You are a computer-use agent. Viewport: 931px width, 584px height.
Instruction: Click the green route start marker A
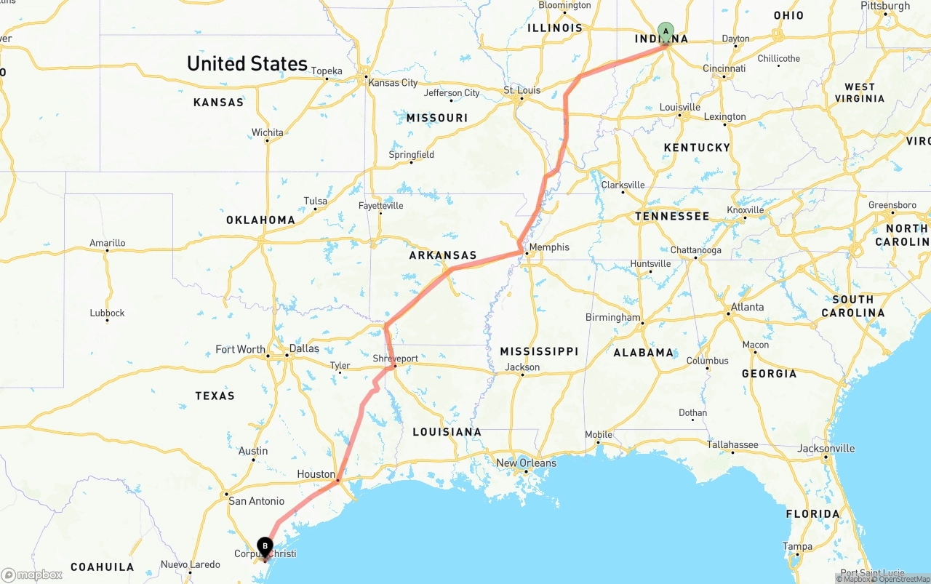pos(665,31)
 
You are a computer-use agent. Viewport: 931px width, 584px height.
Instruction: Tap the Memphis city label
pos(549,247)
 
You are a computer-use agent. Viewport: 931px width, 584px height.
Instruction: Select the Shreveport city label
pos(395,359)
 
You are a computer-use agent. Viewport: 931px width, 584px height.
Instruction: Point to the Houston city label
pos(316,474)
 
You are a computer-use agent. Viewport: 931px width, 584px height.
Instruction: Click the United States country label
pos(247,63)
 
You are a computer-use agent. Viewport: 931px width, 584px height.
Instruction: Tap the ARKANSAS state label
pos(442,255)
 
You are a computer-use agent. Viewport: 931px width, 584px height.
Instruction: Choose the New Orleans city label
pos(526,463)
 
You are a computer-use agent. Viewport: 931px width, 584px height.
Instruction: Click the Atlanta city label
pos(748,307)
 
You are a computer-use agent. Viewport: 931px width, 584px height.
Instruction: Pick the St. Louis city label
pos(522,90)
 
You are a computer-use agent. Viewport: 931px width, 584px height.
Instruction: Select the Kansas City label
pos(393,83)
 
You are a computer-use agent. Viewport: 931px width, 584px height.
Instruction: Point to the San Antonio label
pos(256,501)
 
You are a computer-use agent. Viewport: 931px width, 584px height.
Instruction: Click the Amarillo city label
pos(107,243)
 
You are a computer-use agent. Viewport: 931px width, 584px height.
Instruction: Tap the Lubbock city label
pos(107,313)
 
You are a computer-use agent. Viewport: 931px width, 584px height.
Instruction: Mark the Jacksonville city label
pos(827,448)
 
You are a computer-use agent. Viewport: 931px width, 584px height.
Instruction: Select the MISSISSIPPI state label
pos(539,351)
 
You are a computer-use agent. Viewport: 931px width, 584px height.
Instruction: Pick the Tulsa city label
pos(315,201)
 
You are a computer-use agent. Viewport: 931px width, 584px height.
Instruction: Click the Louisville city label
pos(679,107)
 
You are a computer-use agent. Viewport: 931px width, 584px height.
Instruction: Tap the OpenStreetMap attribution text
pos(904,579)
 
